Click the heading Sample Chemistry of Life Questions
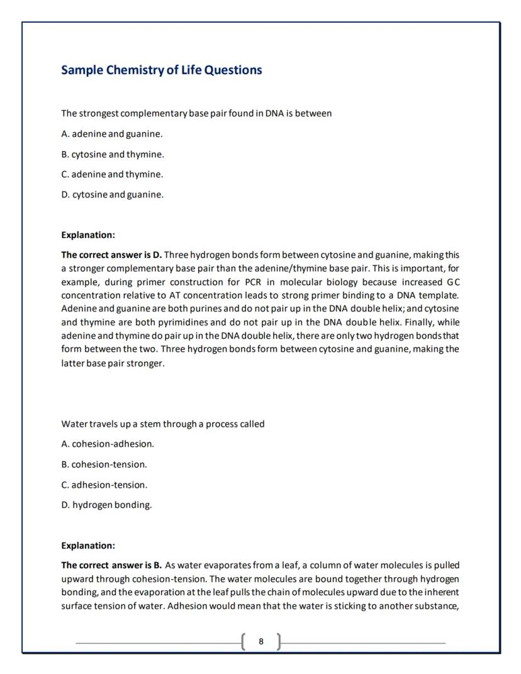point(161,70)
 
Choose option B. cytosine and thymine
point(112,154)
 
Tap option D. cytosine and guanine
point(112,194)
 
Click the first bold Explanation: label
point(88,235)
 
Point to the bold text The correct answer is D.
point(111,254)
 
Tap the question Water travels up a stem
point(162,424)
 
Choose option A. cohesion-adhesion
point(108,444)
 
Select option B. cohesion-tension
point(104,464)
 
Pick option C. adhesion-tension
point(104,485)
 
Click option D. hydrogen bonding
point(106,505)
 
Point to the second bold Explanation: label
point(88,545)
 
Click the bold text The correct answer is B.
point(111,565)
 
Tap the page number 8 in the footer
point(261,642)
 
